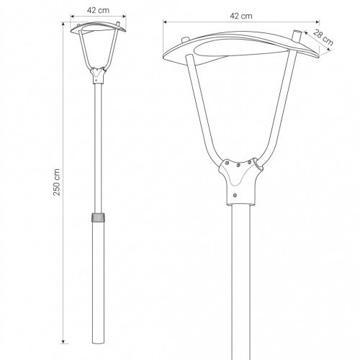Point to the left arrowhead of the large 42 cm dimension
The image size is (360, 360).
click(x=165, y=22)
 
